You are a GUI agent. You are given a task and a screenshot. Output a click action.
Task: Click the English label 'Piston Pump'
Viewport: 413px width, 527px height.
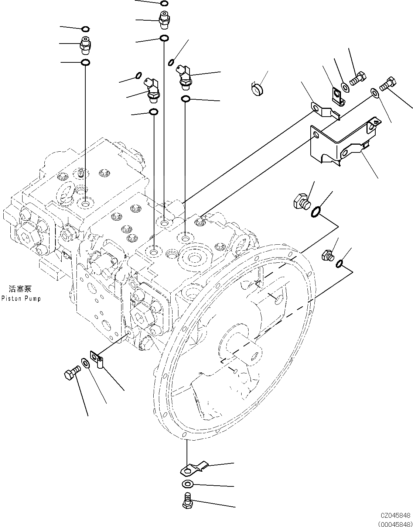(21, 298)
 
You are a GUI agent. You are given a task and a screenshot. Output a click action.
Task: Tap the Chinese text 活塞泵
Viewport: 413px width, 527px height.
(20, 289)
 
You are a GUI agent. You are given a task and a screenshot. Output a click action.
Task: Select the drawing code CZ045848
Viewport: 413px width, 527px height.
(396, 515)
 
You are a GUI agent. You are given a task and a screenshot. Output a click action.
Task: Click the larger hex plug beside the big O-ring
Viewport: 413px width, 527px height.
(301, 201)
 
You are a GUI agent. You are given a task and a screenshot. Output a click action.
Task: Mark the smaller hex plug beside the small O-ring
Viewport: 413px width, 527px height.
(328, 255)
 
